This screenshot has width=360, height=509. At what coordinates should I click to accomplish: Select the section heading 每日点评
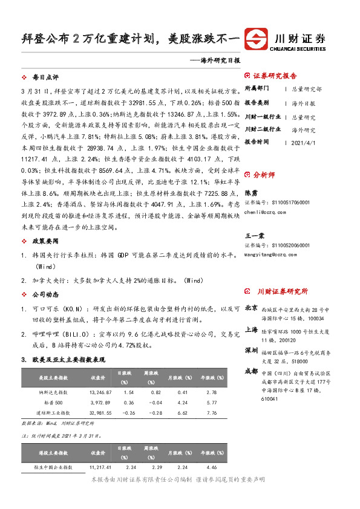point(45,78)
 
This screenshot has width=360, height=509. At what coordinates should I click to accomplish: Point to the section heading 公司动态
point(45,294)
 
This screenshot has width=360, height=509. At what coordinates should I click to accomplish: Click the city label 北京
point(252,308)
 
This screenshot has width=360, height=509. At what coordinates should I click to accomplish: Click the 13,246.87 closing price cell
point(100,392)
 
